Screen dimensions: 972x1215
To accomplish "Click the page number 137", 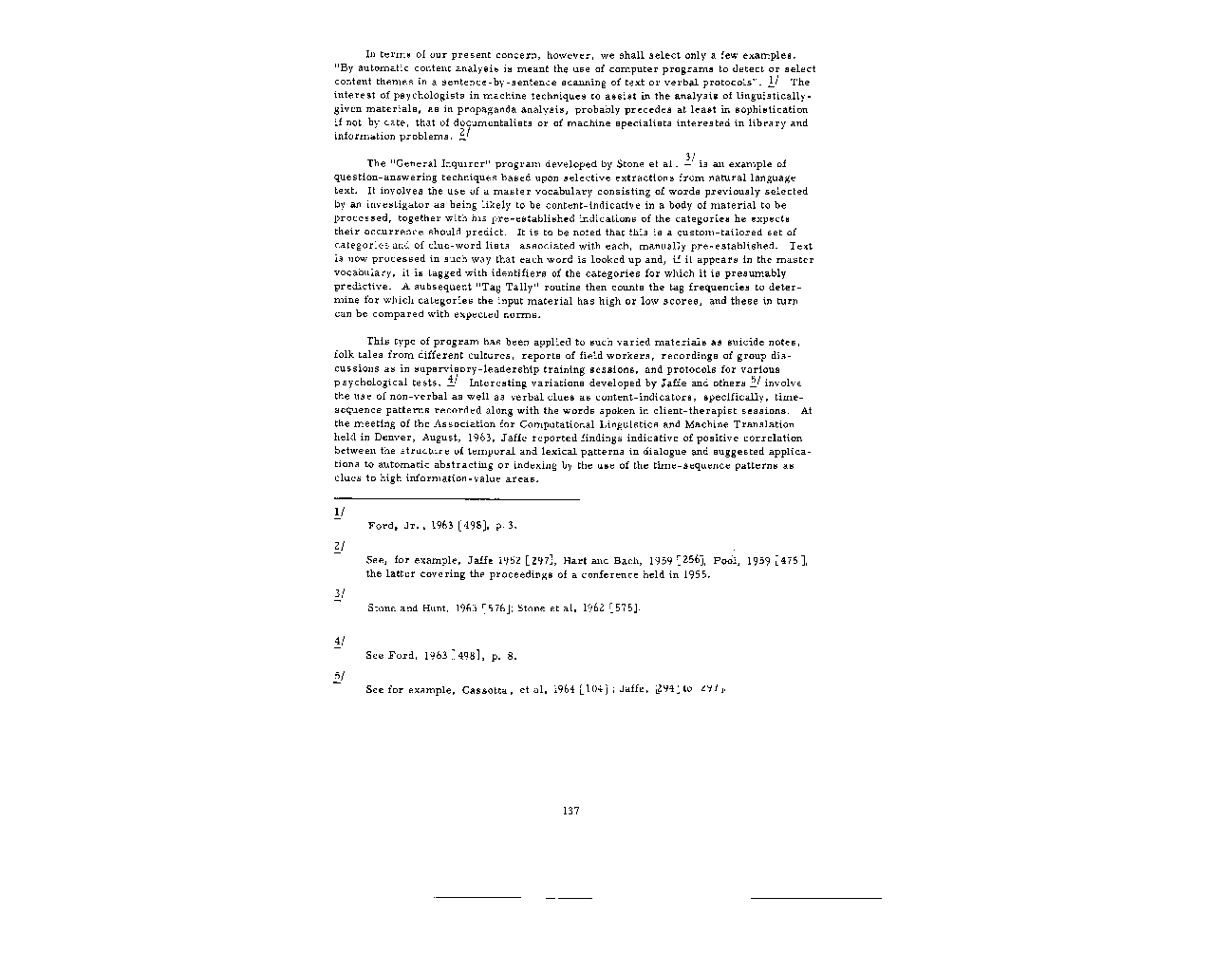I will click(570, 811).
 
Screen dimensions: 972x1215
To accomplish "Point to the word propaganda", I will click(418, 109).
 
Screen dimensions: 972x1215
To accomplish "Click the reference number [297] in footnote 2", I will click(544, 561).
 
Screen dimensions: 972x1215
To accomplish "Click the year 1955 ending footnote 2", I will click(697, 574).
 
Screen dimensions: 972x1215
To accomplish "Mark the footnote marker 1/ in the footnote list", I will click(339, 513).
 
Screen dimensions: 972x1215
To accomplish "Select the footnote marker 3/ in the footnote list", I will click(339, 594).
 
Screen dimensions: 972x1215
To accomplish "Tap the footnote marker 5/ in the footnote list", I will click(339, 676).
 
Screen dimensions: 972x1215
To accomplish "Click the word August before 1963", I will click(416, 438).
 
